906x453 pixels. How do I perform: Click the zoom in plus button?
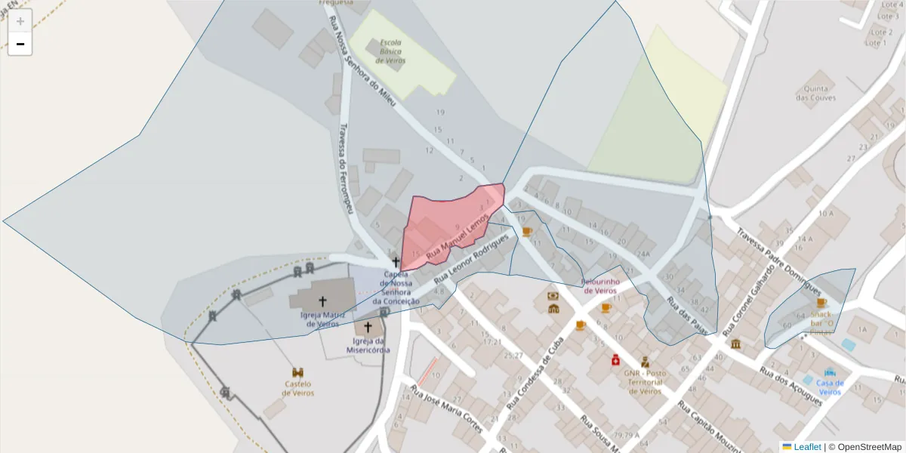tap(20, 21)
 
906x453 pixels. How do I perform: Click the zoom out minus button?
tap(20, 44)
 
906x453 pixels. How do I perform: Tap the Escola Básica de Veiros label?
tap(392, 51)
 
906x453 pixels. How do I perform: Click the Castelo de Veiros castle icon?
tap(298, 373)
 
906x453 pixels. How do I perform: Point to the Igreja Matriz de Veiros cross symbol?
tap(323, 301)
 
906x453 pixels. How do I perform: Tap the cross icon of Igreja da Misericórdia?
tap(368, 328)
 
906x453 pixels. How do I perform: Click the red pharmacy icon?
tap(616, 360)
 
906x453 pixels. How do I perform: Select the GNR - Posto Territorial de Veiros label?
tap(645, 382)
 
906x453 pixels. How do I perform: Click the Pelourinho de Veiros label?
tap(600, 286)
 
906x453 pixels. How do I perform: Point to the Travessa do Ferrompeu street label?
tap(346, 168)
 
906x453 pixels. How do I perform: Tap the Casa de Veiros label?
tap(830, 387)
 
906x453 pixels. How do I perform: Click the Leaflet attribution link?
tap(807, 447)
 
